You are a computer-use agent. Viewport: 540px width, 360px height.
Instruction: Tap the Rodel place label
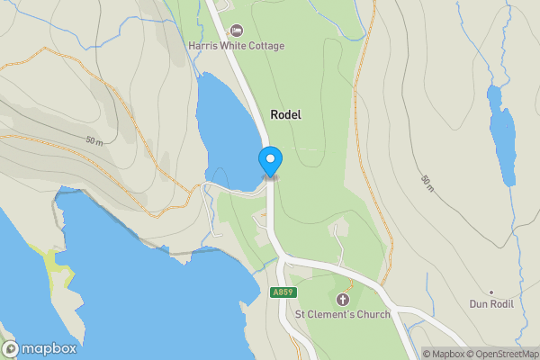pos(285,115)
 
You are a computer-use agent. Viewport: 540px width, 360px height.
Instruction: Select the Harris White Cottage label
pos(236,46)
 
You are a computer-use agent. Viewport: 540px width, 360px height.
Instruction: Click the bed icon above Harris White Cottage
pos(237,31)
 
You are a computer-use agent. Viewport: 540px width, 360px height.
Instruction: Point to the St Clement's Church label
pos(343,315)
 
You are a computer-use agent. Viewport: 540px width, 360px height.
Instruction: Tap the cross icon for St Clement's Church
pos(342,299)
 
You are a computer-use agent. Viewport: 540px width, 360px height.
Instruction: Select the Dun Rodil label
pos(490,304)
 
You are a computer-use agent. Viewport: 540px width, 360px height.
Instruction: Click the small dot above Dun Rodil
pos(490,292)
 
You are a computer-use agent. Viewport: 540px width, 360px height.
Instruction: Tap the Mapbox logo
pos(40,348)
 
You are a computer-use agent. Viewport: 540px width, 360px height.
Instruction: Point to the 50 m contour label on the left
pos(95,142)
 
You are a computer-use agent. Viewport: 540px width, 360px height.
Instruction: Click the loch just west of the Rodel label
pos(220,126)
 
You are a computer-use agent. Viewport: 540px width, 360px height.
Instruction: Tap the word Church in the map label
pos(372,315)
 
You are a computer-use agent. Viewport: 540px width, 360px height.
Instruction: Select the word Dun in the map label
pos(477,304)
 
